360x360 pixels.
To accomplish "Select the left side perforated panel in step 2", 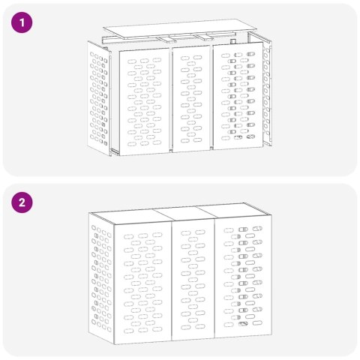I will pyautogui.click(x=100, y=277).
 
